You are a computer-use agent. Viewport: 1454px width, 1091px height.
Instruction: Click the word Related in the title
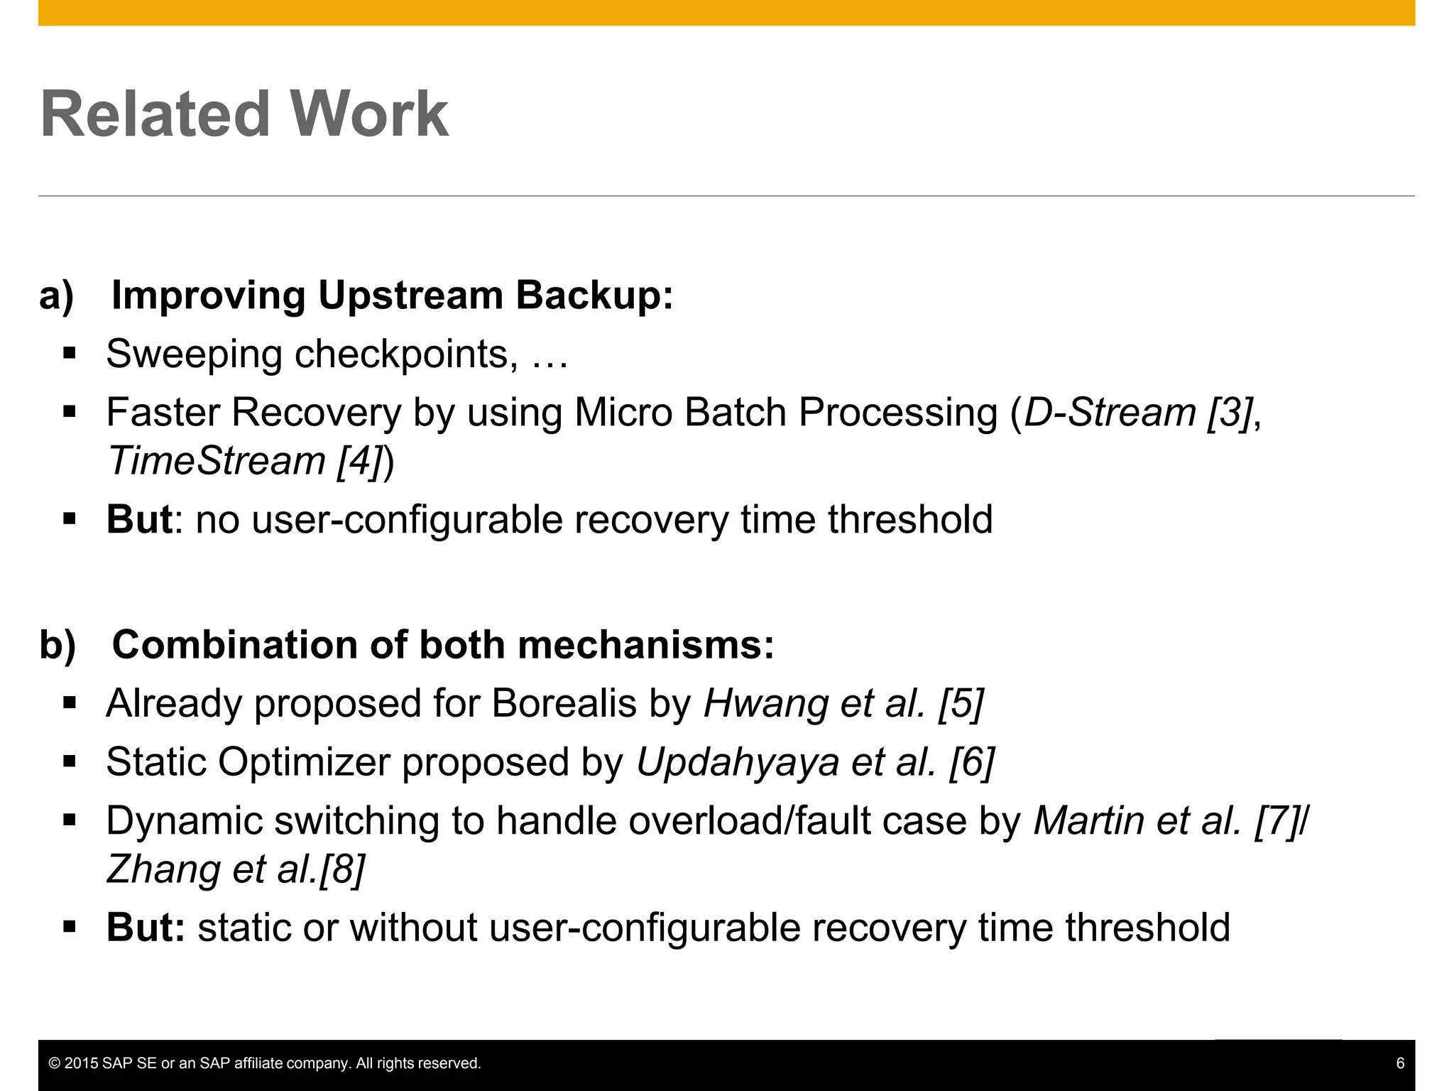tap(155, 114)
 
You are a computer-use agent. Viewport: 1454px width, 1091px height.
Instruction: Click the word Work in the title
tap(368, 114)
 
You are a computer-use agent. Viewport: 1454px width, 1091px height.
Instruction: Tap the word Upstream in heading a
tap(410, 295)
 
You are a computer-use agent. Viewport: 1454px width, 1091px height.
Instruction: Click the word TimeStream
tap(217, 461)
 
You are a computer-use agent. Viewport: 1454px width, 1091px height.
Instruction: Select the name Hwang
tap(765, 704)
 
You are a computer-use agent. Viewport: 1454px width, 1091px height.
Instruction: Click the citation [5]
tap(961, 704)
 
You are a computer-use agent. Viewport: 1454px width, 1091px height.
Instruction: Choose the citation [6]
tap(972, 762)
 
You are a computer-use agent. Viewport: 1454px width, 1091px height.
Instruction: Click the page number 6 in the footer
tap(1400, 1063)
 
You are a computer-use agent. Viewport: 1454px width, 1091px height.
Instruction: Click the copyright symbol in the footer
tap(54, 1063)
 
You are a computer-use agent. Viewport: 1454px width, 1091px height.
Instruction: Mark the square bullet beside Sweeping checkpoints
tap(69, 354)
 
